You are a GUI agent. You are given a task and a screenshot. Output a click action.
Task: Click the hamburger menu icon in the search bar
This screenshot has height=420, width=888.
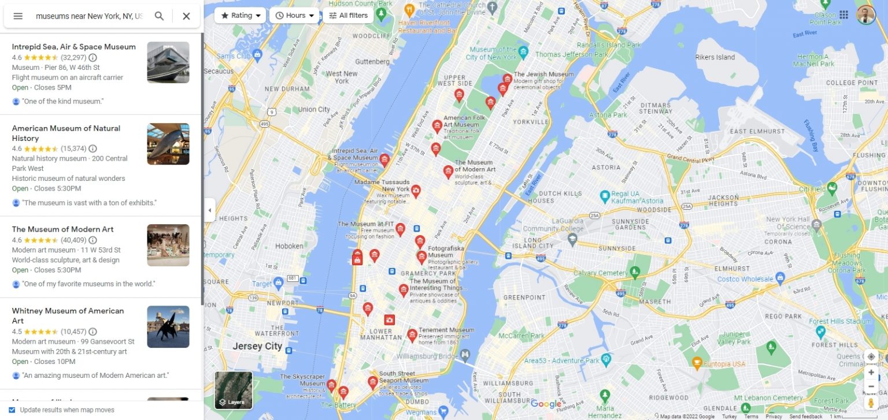[x=18, y=16]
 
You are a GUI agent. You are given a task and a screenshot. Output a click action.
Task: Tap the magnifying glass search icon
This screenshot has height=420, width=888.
[x=159, y=16]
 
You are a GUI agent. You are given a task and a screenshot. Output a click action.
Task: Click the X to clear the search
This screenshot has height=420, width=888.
[x=186, y=16]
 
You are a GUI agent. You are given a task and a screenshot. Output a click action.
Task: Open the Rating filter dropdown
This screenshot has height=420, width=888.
[x=240, y=16]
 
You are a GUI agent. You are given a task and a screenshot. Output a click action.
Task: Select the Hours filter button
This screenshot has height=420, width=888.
[x=294, y=16]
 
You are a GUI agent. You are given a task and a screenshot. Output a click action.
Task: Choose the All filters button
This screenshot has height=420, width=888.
[x=348, y=16]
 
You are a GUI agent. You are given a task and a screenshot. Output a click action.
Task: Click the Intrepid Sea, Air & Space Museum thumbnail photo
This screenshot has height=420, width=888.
[x=168, y=62]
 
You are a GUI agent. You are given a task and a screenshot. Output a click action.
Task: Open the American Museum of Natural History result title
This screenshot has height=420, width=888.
[x=66, y=133]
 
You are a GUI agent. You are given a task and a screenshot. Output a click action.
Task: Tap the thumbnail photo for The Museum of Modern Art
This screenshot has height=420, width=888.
[x=168, y=245]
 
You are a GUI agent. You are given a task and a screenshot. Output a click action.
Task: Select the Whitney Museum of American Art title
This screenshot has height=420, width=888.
[x=68, y=315]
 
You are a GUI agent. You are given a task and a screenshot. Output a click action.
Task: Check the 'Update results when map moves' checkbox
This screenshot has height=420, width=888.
[x=12, y=410]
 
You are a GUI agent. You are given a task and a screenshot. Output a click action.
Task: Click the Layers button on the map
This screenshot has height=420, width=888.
[x=234, y=390]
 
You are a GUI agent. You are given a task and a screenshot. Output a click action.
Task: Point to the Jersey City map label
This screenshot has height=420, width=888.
[x=257, y=347]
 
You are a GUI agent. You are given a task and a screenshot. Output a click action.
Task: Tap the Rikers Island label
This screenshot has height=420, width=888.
[x=715, y=57]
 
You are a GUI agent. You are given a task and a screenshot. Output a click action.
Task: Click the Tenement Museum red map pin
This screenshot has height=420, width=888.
[x=412, y=334]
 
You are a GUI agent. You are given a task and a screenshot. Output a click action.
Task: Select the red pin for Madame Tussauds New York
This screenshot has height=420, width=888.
[x=416, y=190]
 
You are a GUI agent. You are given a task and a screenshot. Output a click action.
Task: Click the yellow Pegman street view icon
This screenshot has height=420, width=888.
[x=871, y=402]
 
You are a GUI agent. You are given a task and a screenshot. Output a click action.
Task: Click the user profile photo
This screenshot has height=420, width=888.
[x=865, y=15]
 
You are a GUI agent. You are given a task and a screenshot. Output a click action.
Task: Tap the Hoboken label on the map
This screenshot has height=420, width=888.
[x=289, y=246]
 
